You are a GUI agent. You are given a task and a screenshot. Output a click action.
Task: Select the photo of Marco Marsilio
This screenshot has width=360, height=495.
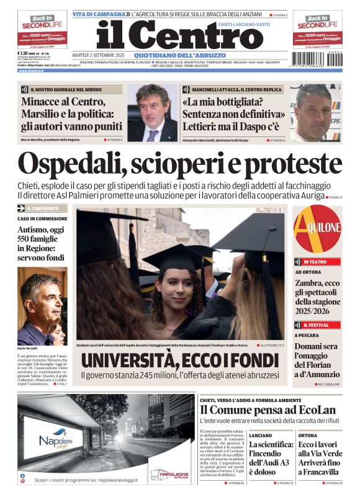(152, 112)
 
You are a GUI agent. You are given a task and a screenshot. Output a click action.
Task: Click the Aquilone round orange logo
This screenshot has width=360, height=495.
(318, 229)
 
